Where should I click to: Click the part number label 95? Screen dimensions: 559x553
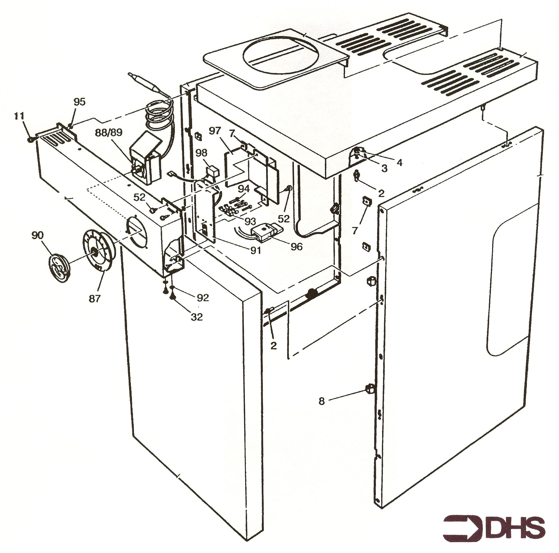point(80,102)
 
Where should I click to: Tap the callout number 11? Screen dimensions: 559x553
point(20,116)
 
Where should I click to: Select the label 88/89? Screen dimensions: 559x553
point(109,132)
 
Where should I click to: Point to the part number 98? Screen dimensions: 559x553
point(202,153)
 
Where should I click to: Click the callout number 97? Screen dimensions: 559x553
point(215,130)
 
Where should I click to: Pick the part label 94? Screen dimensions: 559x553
point(244,189)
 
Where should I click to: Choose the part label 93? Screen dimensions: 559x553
point(250,221)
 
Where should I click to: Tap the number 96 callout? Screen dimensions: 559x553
point(296,246)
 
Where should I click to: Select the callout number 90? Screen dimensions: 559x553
point(37,235)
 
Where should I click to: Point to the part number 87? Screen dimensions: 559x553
point(94,298)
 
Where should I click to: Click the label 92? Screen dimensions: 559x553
point(202,298)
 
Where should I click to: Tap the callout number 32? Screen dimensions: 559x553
point(196,317)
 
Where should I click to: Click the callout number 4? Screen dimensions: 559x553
point(399,163)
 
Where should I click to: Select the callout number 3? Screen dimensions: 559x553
point(384,168)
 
